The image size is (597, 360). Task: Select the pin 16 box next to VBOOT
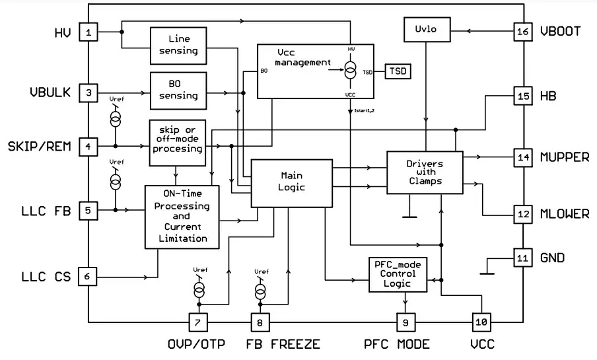click(522, 31)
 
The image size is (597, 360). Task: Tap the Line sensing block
click(178, 45)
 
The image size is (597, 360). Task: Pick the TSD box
click(398, 71)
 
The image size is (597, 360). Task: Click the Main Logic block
click(291, 181)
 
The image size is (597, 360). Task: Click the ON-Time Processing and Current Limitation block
click(182, 217)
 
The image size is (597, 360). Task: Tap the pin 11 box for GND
click(522, 258)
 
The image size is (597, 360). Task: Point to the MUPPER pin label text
click(565, 157)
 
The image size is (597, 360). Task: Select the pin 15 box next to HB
click(522, 96)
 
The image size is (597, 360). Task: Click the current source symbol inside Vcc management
click(350, 69)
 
